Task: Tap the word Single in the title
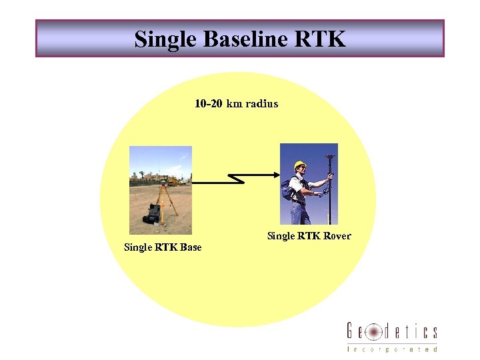pos(165,39)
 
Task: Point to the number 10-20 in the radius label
pos(209,103)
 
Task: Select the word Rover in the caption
pos(337,236)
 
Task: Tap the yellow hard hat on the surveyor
pos(300,165)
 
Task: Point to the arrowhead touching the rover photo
pos(275,175)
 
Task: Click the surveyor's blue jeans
pos(301,213)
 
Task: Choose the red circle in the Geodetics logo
pos(373,332)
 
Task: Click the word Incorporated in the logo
pos(392,349)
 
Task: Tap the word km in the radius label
pos(235,103)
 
